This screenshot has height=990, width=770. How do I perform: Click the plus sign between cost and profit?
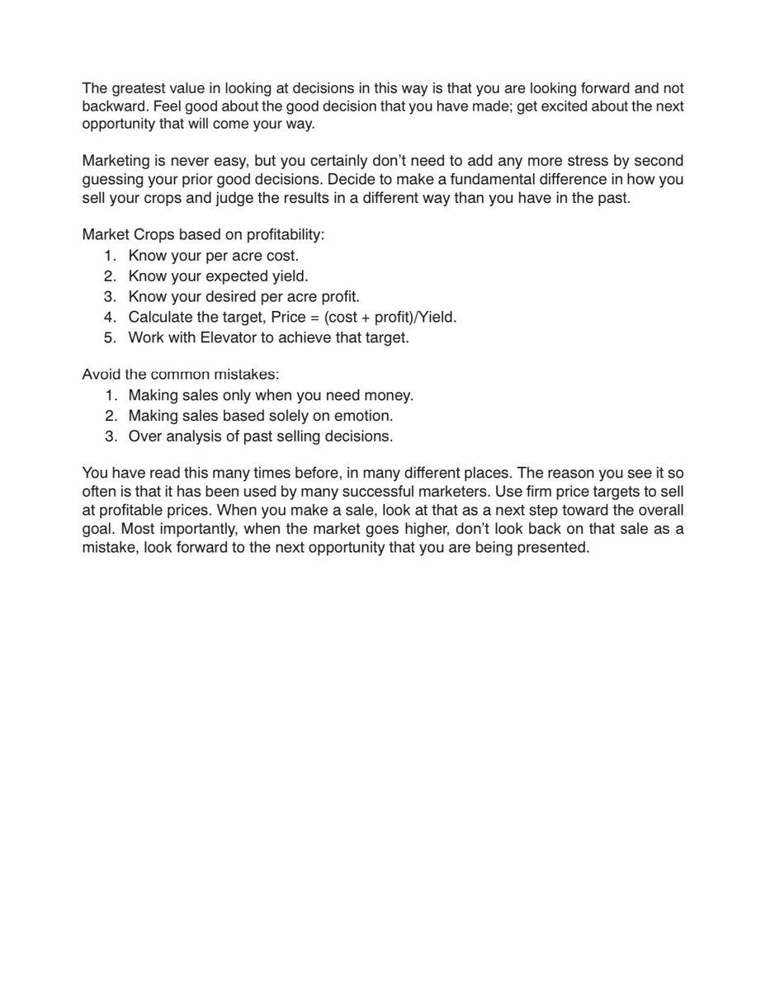[365, 317]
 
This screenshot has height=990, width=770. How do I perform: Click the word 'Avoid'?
[100, 374]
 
